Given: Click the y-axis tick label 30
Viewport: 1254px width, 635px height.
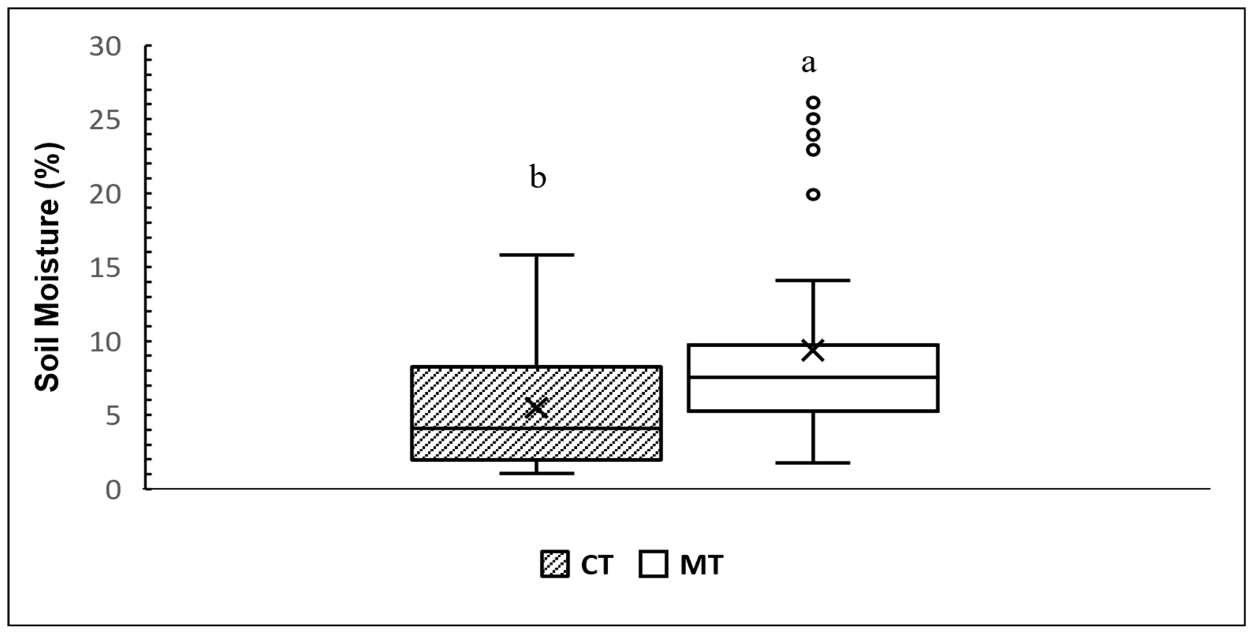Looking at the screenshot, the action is [105, 48].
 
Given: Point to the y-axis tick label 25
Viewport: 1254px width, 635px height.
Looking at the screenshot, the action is [105, 121].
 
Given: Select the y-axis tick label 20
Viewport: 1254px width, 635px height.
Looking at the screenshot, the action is [105, 195].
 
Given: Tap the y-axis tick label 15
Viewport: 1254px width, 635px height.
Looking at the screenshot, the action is [105, 268].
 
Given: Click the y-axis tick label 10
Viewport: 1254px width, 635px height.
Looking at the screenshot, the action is [105, 343].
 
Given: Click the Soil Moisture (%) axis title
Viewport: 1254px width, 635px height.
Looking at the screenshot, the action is [47, 267].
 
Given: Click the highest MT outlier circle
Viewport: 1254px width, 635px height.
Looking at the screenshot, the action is [813, 103].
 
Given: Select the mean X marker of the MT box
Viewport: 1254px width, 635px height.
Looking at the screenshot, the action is [812, 350].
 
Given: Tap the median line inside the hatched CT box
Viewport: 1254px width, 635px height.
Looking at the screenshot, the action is [536, 428].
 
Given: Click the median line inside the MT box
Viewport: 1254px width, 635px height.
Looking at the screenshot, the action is [813, 377].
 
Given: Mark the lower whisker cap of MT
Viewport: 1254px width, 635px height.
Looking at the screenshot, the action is [813, 463].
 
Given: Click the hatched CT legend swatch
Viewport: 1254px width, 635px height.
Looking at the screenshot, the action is [555, 565].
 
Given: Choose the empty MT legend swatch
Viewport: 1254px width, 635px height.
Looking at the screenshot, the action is [653, 565].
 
